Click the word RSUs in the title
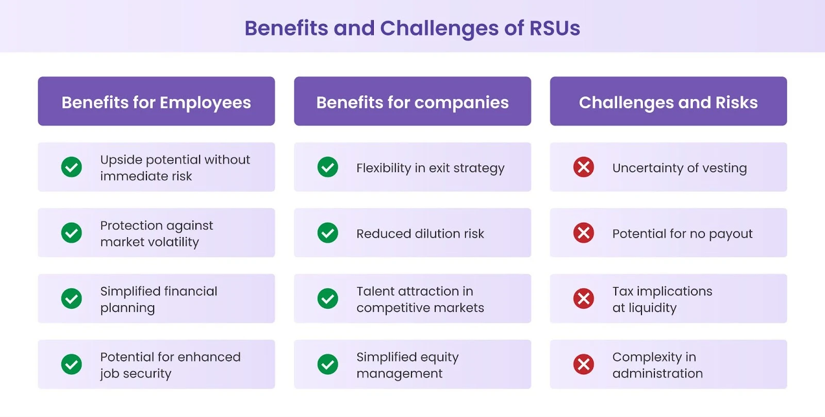554,28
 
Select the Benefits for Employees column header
156,102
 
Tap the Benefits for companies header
412,102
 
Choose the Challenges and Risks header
668,102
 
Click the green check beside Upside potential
72,167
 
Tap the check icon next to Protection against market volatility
72,233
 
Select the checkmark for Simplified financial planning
72,298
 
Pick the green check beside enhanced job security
72,364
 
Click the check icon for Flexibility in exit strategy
327,167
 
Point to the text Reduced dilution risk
420,233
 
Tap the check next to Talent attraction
327,298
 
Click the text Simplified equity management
407,365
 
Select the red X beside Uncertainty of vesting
584,167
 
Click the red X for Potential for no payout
584,233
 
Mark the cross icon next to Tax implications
584,298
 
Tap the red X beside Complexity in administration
584,364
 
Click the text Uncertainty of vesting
680,168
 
